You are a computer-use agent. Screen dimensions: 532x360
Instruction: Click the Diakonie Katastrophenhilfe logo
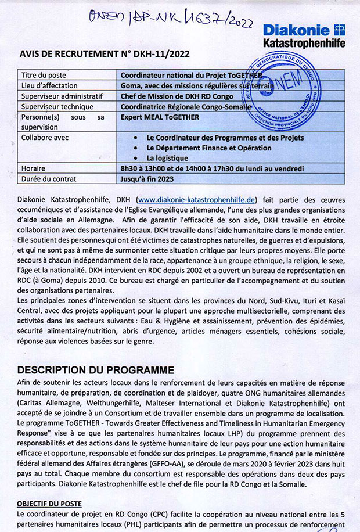(303, 35)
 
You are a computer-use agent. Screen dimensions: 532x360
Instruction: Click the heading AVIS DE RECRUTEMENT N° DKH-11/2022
(105, 54)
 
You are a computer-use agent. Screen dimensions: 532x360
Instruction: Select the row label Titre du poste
(44, 75)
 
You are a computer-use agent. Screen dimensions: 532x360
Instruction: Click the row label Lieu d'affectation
(49, 85)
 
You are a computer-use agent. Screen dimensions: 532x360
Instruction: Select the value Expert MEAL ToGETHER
(160, 117)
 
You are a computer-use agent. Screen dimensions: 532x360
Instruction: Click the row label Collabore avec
(45, 138)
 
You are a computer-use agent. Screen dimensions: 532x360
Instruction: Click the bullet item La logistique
(167, 158)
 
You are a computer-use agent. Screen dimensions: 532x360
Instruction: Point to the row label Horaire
(33, 168)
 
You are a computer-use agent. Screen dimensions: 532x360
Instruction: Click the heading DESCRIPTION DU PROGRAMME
(95, 369)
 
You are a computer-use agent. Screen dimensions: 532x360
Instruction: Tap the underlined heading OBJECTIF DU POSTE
(49, 503)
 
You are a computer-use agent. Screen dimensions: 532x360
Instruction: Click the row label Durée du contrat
(49, 179)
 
